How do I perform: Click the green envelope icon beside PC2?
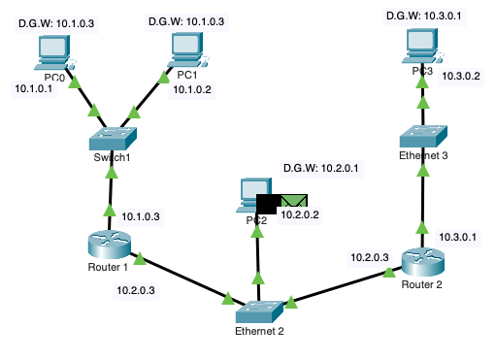[x=293, y=201]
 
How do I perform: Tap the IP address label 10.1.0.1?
[x=34, y=89]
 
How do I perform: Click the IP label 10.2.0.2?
[x=300, y=214]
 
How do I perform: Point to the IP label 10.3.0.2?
[x=461, y=74]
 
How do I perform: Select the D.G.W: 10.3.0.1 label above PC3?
[x=423, y=16]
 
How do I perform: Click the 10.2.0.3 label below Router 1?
[x=135, y=288]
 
